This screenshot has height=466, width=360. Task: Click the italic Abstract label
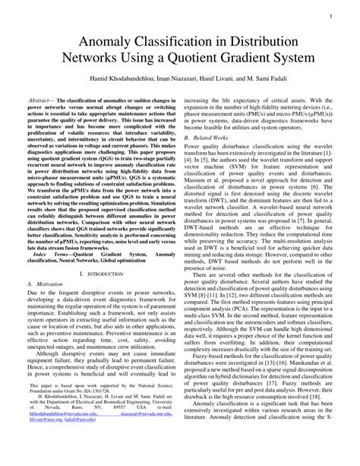43,100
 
